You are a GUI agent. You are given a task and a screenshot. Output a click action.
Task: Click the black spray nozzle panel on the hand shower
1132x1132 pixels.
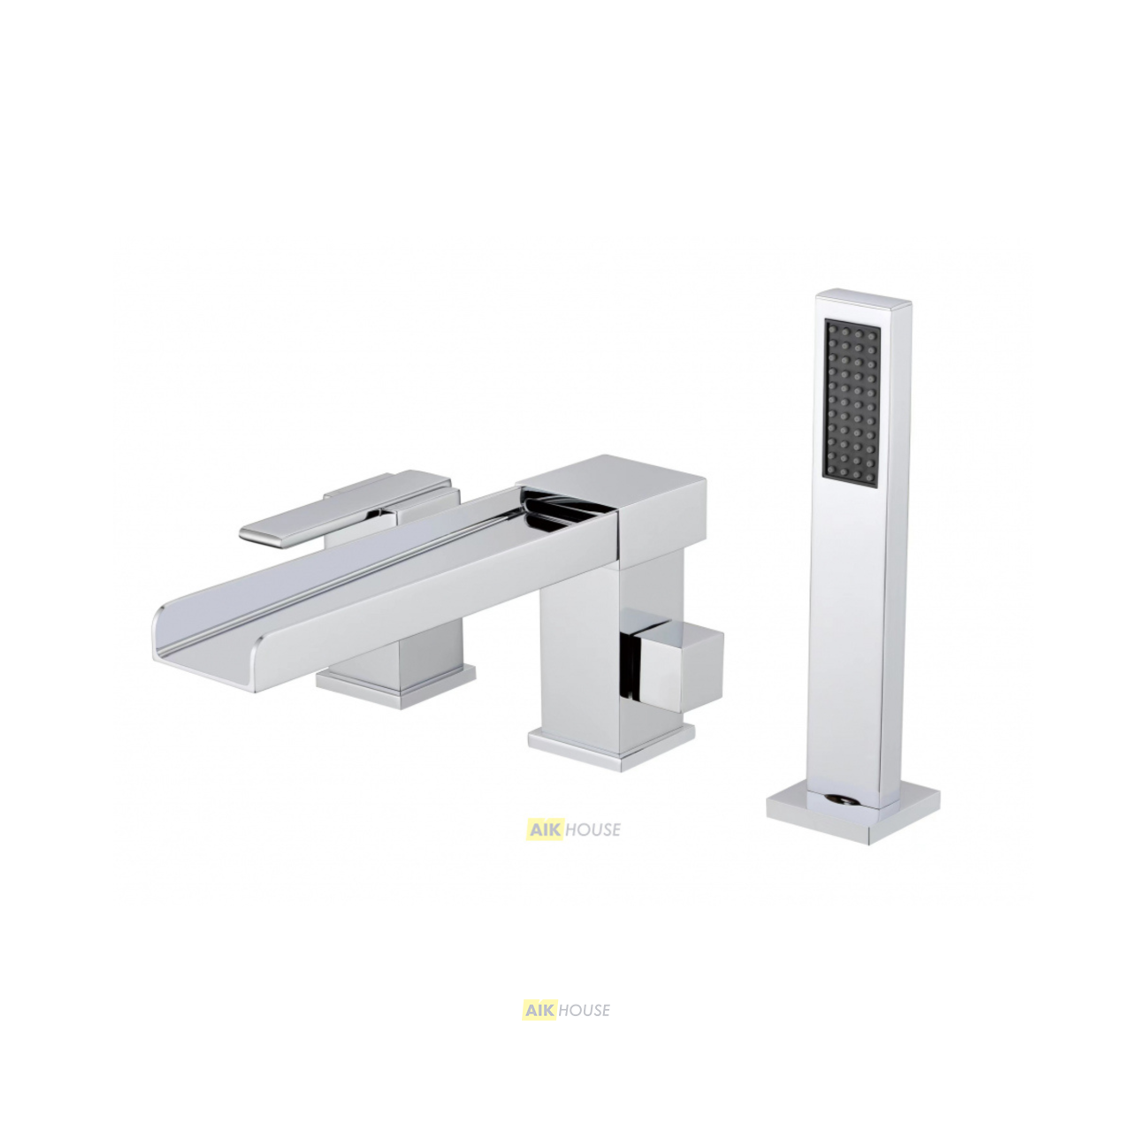click(x=853, y=406)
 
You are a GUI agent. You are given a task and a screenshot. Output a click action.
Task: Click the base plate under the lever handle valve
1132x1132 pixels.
click(x=395, y=685)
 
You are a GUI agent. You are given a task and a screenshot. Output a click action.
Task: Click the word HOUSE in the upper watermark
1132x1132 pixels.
click(x=593, y=829)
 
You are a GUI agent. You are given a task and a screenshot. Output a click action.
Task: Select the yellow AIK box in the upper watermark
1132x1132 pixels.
click(x=545, y=829)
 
